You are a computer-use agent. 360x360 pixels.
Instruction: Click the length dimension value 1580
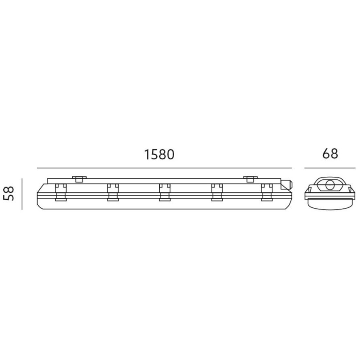click(x=159, y=155)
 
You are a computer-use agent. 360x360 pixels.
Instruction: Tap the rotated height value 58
click(x=10, y=193)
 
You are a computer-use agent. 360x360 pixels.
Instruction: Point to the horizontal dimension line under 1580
click(x=164, y=168)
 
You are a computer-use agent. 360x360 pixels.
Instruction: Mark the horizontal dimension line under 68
click(x=330, y=168)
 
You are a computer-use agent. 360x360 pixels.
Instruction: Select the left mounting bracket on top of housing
click(x=78, y=179)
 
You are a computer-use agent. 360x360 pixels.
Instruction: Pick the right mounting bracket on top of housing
click(x=250, y=179)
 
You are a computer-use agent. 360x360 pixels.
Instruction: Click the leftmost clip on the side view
click(x=61, y=192)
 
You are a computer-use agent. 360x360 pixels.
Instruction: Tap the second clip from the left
click(x=112, y=192)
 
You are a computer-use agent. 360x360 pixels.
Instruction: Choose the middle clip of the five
click(x=164, y=192)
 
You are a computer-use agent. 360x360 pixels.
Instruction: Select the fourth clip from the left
click(x=216, y=192)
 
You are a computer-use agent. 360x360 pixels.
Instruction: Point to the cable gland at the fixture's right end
click(x=287, y=185)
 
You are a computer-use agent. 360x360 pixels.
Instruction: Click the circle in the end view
click(x=330, y=185)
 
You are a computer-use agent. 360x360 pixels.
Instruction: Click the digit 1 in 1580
click(x=147, y=155)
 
